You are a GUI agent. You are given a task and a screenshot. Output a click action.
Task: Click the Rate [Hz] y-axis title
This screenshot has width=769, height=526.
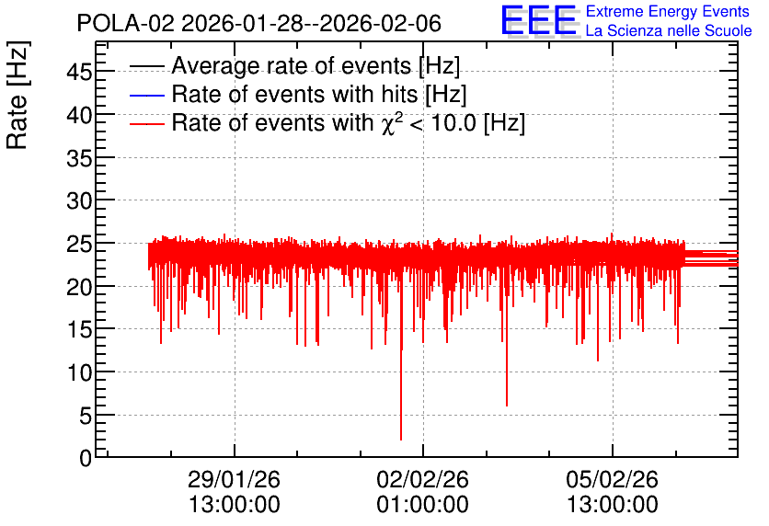pyautogui.click(x=17, y=95)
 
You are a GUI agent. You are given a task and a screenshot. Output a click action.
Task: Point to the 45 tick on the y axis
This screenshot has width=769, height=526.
pyautogui.click(x=79, y=72)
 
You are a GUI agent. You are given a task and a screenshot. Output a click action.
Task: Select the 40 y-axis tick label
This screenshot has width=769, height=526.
pyautogui.click(x=79, y=115)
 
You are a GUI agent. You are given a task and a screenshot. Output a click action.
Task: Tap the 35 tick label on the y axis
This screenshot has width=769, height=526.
pyautogui.click(x=79, y=158)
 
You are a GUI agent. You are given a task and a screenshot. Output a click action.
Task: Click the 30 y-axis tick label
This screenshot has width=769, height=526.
pyautogui.click(x=79, y=200)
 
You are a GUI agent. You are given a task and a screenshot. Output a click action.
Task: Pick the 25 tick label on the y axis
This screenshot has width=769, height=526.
pyautogui.click(x=79, y=244)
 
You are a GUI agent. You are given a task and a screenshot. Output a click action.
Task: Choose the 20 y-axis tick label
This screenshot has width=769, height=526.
pyautogui.click(x=79, y=287)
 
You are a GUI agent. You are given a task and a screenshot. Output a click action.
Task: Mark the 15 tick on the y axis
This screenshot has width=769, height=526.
pyautogui.click(x=79, y=329)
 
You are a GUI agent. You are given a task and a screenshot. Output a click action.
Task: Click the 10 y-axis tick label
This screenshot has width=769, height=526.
pyautogui.click(x=79, y=372)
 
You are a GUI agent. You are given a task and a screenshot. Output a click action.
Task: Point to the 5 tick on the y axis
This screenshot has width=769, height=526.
pyautogui.click(x=86, y=416)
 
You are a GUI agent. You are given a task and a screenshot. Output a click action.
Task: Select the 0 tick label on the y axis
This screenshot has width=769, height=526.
pyautogui.click(x=86, y=458)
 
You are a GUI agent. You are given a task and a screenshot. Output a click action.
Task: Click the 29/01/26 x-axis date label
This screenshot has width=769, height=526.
pyautogui.click(x=234, y=479)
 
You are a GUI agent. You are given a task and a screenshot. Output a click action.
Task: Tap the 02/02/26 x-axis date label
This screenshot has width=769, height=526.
pyautogui.click(x=423, y=479)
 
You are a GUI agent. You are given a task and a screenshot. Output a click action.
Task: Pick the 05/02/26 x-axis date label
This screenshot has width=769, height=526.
pyautogui.click(x=612, y=479)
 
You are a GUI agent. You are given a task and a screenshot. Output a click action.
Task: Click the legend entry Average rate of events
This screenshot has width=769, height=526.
pyautogui.click(x=294, y=65)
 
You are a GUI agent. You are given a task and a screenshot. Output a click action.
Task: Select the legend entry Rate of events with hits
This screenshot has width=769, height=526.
pyautogui.click(x=298, y=94)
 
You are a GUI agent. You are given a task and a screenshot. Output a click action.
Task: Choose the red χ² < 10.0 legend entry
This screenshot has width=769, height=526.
pyautogui.click(x=327, y=122)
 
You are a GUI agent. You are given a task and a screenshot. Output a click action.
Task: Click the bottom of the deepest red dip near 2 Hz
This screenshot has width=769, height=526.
pyautogui.click(x=401, y=440)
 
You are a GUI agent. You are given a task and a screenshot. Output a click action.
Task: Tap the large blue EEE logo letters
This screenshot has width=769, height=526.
pyautogui.click(x=539, y=20)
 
